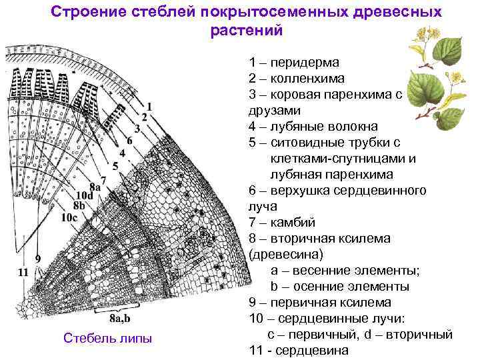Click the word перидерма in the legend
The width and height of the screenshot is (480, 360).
tap(306, 62)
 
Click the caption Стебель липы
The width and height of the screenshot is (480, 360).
tap(108, 339)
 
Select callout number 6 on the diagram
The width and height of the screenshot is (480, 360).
tap(129, 140)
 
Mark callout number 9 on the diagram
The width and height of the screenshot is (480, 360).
tap(37, 258)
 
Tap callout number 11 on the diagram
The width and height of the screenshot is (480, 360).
tap(23, 271)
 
